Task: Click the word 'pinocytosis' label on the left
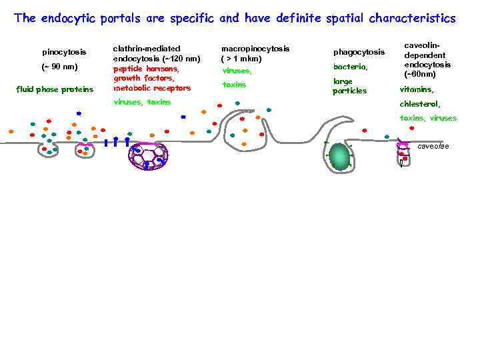[63, 52]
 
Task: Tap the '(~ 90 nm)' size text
[59, 67]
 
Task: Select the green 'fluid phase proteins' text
[55, 89]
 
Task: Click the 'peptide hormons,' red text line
[146, 69]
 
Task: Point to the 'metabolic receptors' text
[152, 88]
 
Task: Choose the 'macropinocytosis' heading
[255, 49]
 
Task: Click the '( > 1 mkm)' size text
[241, 59]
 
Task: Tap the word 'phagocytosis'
[359, 52]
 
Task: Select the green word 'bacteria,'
[350, 67]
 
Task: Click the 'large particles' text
[349, 86]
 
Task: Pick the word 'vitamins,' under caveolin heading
[417, 89]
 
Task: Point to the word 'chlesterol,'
[420, 104]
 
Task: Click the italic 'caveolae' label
[433, 146]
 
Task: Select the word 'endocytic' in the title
[69, 18]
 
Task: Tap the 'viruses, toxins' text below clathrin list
[142, 102]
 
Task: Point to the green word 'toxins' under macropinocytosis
[234, 85]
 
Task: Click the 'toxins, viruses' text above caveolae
[428, 118]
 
